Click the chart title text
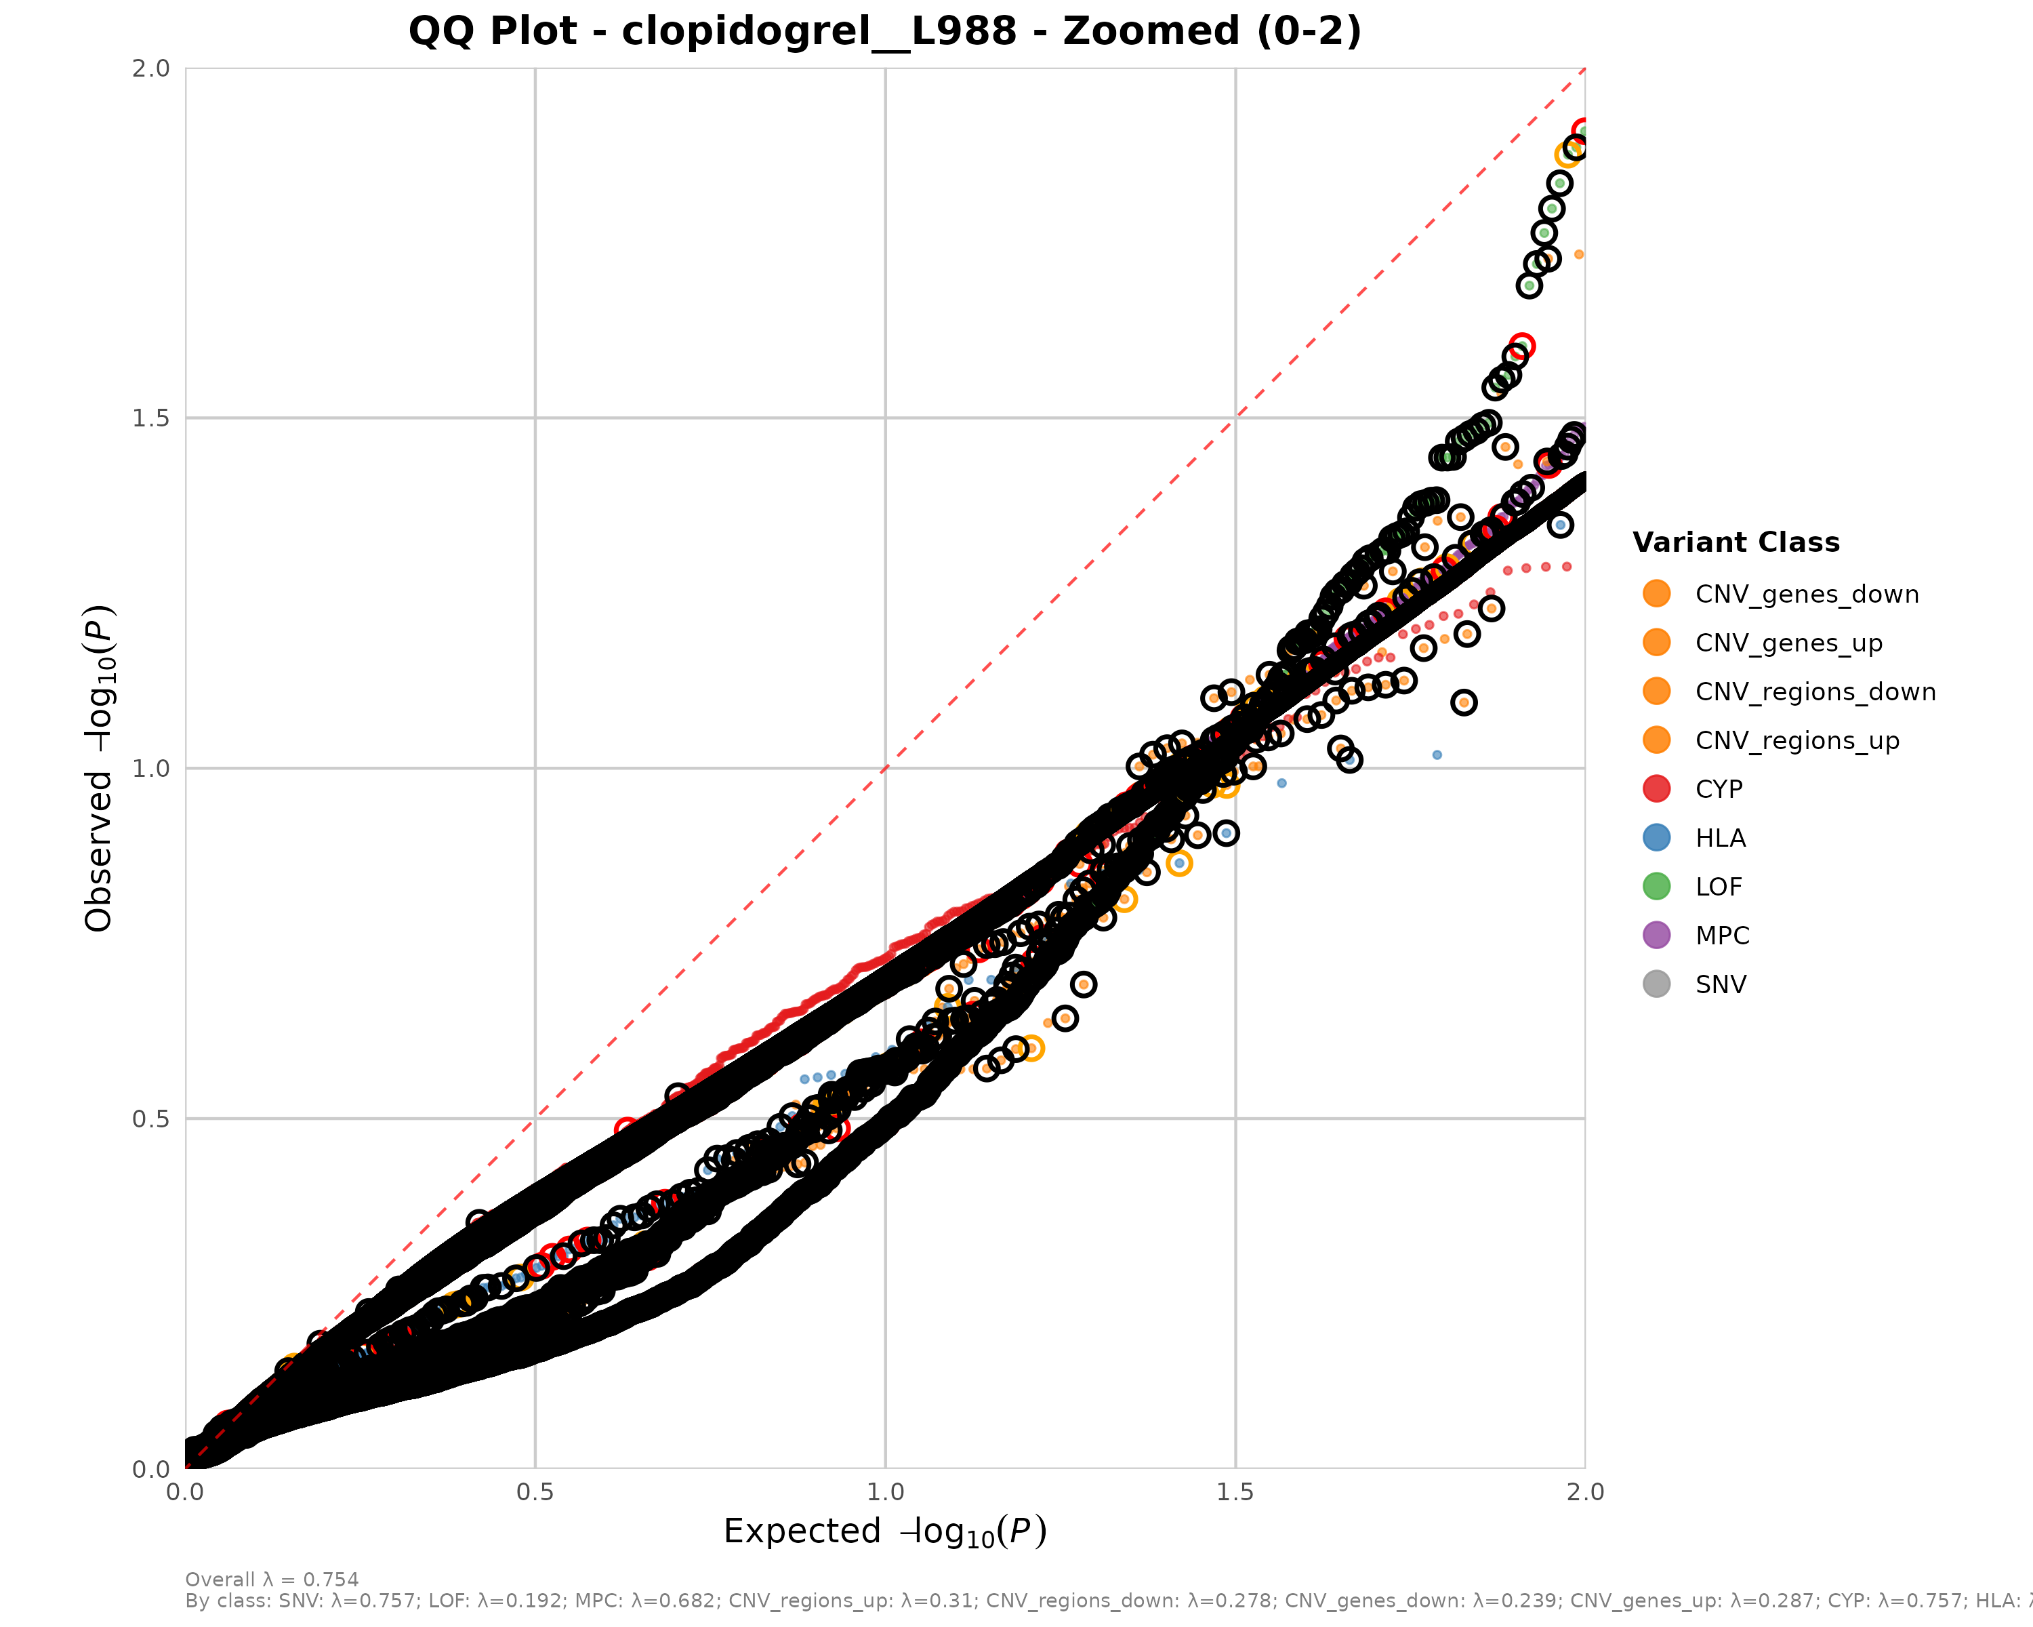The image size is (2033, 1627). pos(884,31)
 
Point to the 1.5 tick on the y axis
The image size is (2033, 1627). pos(151,418)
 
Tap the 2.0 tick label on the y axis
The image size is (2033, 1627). pos(151,68)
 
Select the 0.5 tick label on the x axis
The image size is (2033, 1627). pos(535,1492)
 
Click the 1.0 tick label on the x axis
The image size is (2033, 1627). pos(884,1492)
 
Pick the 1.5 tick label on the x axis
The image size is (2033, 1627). pos(1235,1492)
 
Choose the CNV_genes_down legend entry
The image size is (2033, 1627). pos(1806,595)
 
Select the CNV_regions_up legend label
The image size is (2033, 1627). pos(1796,740)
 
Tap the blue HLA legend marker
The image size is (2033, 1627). pos(1656,837)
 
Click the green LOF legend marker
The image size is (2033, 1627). pos(1656,887)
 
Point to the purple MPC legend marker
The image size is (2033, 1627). pos(1656,936)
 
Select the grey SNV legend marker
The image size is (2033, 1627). pos(1656,985)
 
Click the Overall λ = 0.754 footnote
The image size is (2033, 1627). pos(272,1580)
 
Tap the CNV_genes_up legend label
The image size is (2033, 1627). pos(1788,643)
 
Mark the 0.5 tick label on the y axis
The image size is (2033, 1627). pos(151,1119)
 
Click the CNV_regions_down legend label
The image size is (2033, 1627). pos(1814,692)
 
